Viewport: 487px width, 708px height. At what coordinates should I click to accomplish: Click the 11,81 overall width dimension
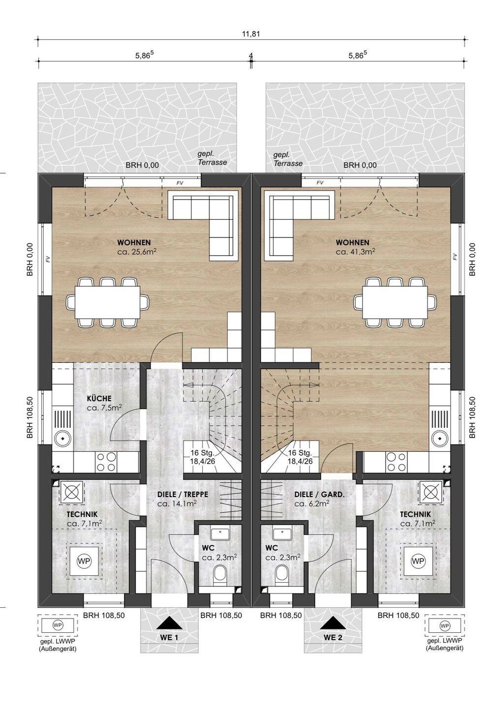[251, 33]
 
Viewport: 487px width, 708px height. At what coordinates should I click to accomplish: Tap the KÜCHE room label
[99, 399]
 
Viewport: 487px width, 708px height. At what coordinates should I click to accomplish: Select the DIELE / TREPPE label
[183, 494]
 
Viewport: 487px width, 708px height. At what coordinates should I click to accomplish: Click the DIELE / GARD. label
[319, 494]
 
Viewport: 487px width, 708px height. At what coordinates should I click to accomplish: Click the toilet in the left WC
[220, 574]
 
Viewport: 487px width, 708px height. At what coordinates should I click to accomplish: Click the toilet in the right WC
[282, 574]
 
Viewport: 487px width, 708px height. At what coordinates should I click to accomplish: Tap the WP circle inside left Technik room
[84, 561]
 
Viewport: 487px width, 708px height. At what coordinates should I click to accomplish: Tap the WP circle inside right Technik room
[418, 561]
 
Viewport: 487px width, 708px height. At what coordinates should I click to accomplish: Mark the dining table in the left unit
[108, 302]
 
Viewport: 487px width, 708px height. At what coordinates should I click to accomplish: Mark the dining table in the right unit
[395, 302]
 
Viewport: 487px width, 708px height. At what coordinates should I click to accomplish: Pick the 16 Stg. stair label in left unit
[202, 453]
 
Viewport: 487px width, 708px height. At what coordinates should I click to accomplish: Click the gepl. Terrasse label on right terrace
[288, 159]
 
